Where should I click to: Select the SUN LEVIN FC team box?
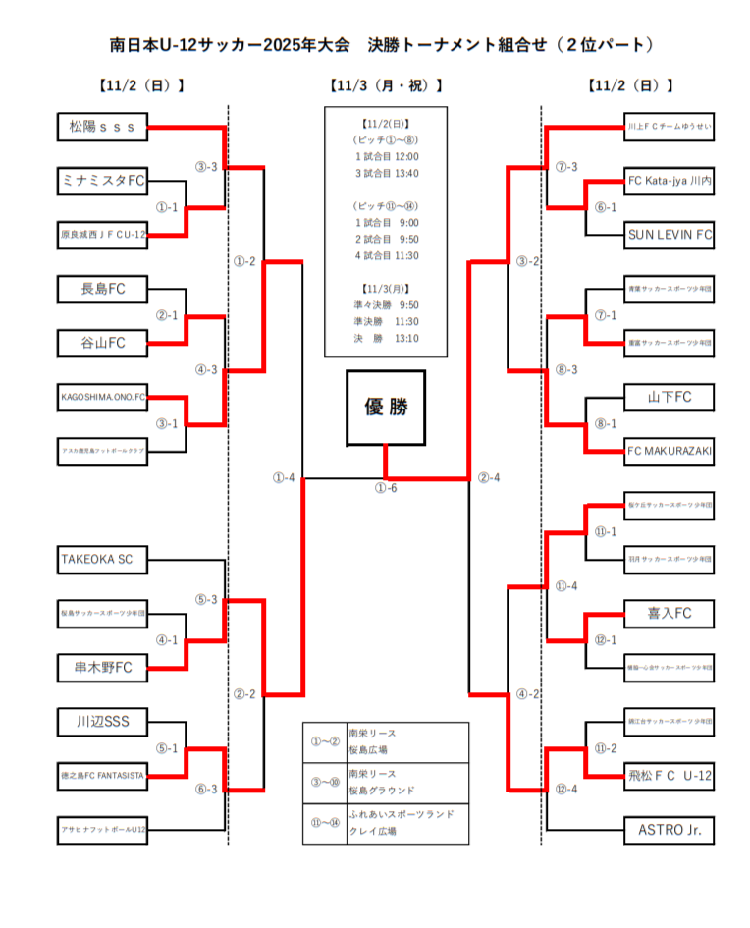coord(670,235)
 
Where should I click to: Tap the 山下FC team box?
coord(670,397)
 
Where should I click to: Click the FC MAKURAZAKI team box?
coord(670,451)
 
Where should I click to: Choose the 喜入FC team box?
coord(670,613)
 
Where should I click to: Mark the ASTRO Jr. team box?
coord(670,830)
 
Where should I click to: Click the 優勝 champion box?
coord(385,408)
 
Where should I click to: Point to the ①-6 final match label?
coord(386,489)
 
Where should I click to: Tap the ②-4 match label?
coord(489,478)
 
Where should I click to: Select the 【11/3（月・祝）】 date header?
coord(386,85)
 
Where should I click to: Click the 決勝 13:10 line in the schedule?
coord(386,338)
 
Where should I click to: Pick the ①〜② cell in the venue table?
coord(324,741)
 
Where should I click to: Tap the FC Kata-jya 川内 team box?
coord(670,181)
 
